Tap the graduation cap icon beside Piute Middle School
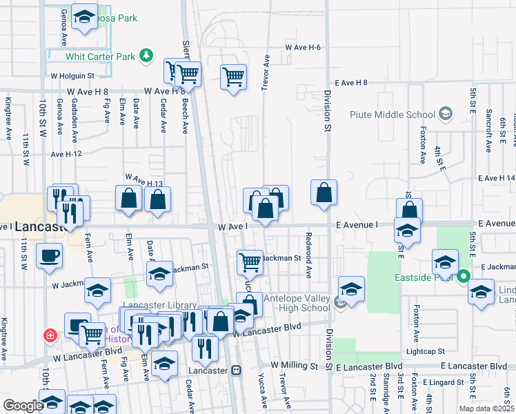click(x=446, y=114)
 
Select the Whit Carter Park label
click(x=100, y=56)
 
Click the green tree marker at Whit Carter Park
click(x=146, y=55)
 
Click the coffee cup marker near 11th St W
click(x=50, y=255)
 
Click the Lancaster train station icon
click(x=237, y=370)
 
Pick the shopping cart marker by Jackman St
click(x=250, y=262)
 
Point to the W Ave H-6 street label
click(x=303, y=47)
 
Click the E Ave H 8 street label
click(x=351, y=82)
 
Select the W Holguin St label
click(x=72, y=75)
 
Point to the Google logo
click(x=22, y=406)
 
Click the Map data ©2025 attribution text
click(x=486, y=408)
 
